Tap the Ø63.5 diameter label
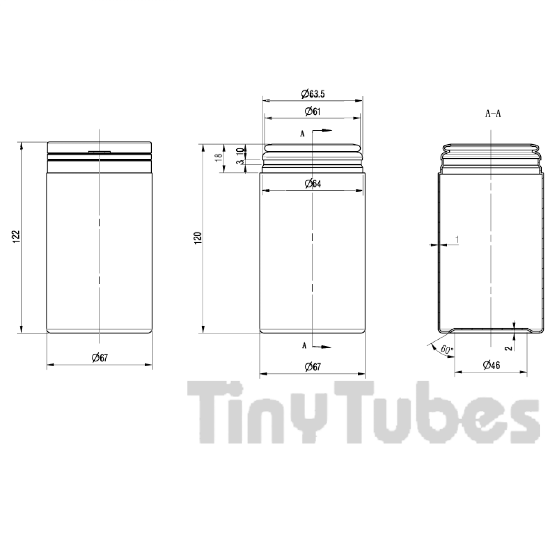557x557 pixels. tap(312, 94)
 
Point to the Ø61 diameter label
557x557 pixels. tap(312, 111)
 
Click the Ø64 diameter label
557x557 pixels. tap(313, 184)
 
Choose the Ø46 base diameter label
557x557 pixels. tap(491, 365)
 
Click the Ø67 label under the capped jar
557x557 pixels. tap(100, 357)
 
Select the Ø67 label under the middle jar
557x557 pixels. tap(313, 367)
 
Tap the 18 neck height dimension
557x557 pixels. tap(219, 158)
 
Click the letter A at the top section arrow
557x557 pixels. tap(302, 134)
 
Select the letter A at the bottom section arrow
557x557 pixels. tap(304, 345)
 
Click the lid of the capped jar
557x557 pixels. tap(100, 147)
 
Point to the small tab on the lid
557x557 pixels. tap(99, 151)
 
